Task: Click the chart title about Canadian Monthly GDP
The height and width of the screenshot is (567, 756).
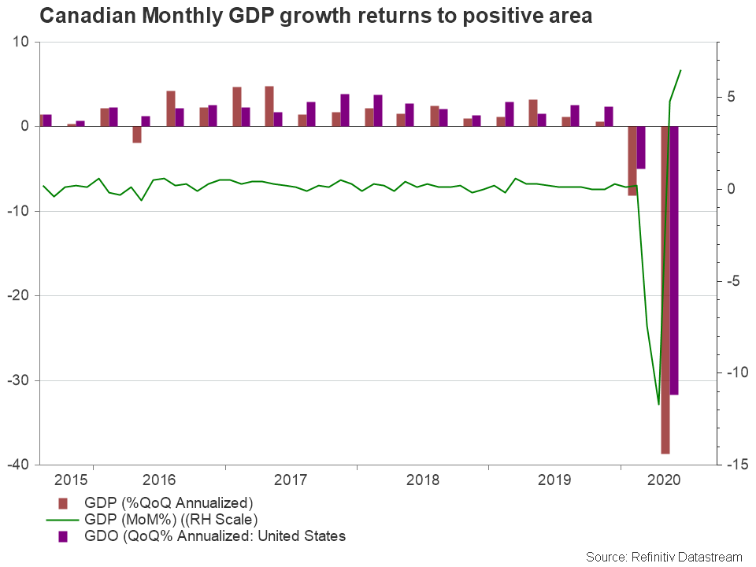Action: pos(315,17)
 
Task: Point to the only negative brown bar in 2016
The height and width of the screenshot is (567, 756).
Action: pos(137,135)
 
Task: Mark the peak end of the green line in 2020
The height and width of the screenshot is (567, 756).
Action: pos(680,70)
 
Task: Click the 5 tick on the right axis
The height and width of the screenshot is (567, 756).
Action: pos(730,97)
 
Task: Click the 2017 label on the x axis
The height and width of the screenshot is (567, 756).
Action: pos(291,479)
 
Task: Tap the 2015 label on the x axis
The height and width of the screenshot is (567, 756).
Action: pos(72,479)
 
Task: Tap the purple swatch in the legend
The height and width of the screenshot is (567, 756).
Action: pos(64,536)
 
